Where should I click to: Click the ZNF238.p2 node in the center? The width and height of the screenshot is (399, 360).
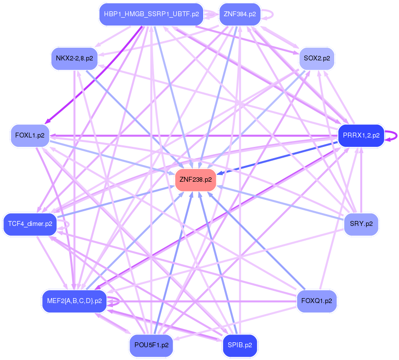pyautogui.click(x=195, y=179)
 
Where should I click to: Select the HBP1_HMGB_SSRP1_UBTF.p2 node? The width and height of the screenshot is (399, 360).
pyautogui.click(x=151, y=14)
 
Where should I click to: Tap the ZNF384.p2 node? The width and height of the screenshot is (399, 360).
pyautogui.click(x=239, y=14)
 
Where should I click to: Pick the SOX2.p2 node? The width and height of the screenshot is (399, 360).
pyautogui.click(x=317, y=58)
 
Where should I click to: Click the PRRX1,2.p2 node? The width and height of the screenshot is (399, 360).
pyautogui.click(x=361, y=136)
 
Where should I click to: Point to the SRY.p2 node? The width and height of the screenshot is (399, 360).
pyautogui.click(x=361, y=224)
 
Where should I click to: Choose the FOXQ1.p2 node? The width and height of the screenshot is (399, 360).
pyautogui.click(x=317, y=301)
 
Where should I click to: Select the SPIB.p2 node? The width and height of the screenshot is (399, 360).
pyautogui.click(x=239, y=345)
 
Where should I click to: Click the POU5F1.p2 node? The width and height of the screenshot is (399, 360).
pyautogui.click(x=151, y=345)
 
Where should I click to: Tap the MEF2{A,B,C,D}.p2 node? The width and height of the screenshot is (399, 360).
pyautogui.click(x=74, y=301)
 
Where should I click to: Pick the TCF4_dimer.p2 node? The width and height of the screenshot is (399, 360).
pyautogui.click(x=29, y=224)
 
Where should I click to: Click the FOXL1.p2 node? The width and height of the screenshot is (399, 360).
pyautogui.click(x=29, y=136)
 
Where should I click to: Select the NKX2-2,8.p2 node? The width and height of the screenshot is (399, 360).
pyautogui.click(x=74, y=58)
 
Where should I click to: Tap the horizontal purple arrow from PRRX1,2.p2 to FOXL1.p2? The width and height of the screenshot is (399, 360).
pyautogui.click(x=196, y=136)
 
